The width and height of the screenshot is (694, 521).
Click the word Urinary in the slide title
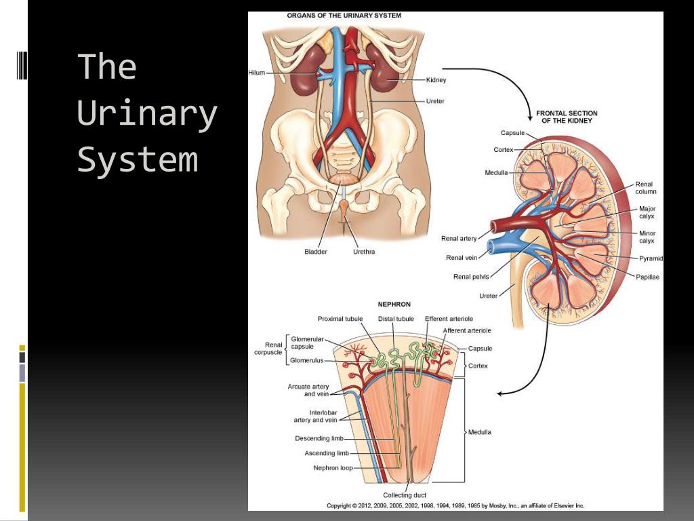(147, 115)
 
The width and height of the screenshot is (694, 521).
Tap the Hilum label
(257, 73)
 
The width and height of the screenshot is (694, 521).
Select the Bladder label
(315, 252)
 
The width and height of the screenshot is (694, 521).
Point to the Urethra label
(363, 252)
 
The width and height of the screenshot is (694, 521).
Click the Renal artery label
(459, 238)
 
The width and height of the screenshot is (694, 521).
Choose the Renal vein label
(461, 257)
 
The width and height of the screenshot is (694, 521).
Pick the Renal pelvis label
(471, 277)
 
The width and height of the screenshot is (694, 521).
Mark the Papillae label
(648, 277)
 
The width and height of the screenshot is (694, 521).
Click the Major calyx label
(647, 212)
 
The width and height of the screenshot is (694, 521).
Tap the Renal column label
(645, 188)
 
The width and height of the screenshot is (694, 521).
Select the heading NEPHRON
(394, 305)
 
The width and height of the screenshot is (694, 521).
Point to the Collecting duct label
(405, 495)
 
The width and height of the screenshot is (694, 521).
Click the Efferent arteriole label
(449, 318)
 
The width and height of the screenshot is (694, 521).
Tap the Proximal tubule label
(340, 318)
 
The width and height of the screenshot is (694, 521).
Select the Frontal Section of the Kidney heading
(567, 117)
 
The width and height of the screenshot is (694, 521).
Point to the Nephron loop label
(332, 467)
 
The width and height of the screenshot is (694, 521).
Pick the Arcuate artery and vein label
(308, 390)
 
